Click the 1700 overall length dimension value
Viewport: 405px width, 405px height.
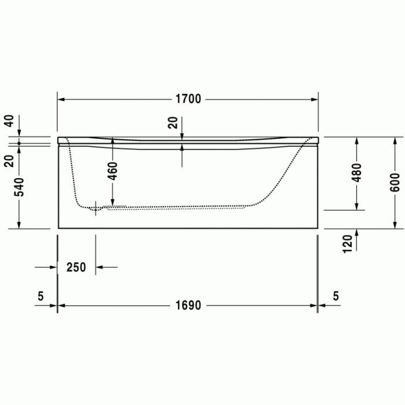pyautogui.click(x=189, y=99)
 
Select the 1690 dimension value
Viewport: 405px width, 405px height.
pyautogui.click(x=189, y=305)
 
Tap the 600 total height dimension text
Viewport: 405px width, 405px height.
pyautogui.click(x=395, y=183)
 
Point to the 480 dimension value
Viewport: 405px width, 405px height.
pyautogui.click(x=356, y=174)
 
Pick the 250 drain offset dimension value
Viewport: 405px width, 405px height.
pyautogui.click(x=76, y=267)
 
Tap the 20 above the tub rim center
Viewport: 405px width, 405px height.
pyautogui.click(x=173, y=122)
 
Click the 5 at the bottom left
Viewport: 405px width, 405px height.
pyautogui.click(x=40, y=296)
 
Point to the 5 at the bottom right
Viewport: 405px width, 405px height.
pyautogui.click(x=336, y=296)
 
